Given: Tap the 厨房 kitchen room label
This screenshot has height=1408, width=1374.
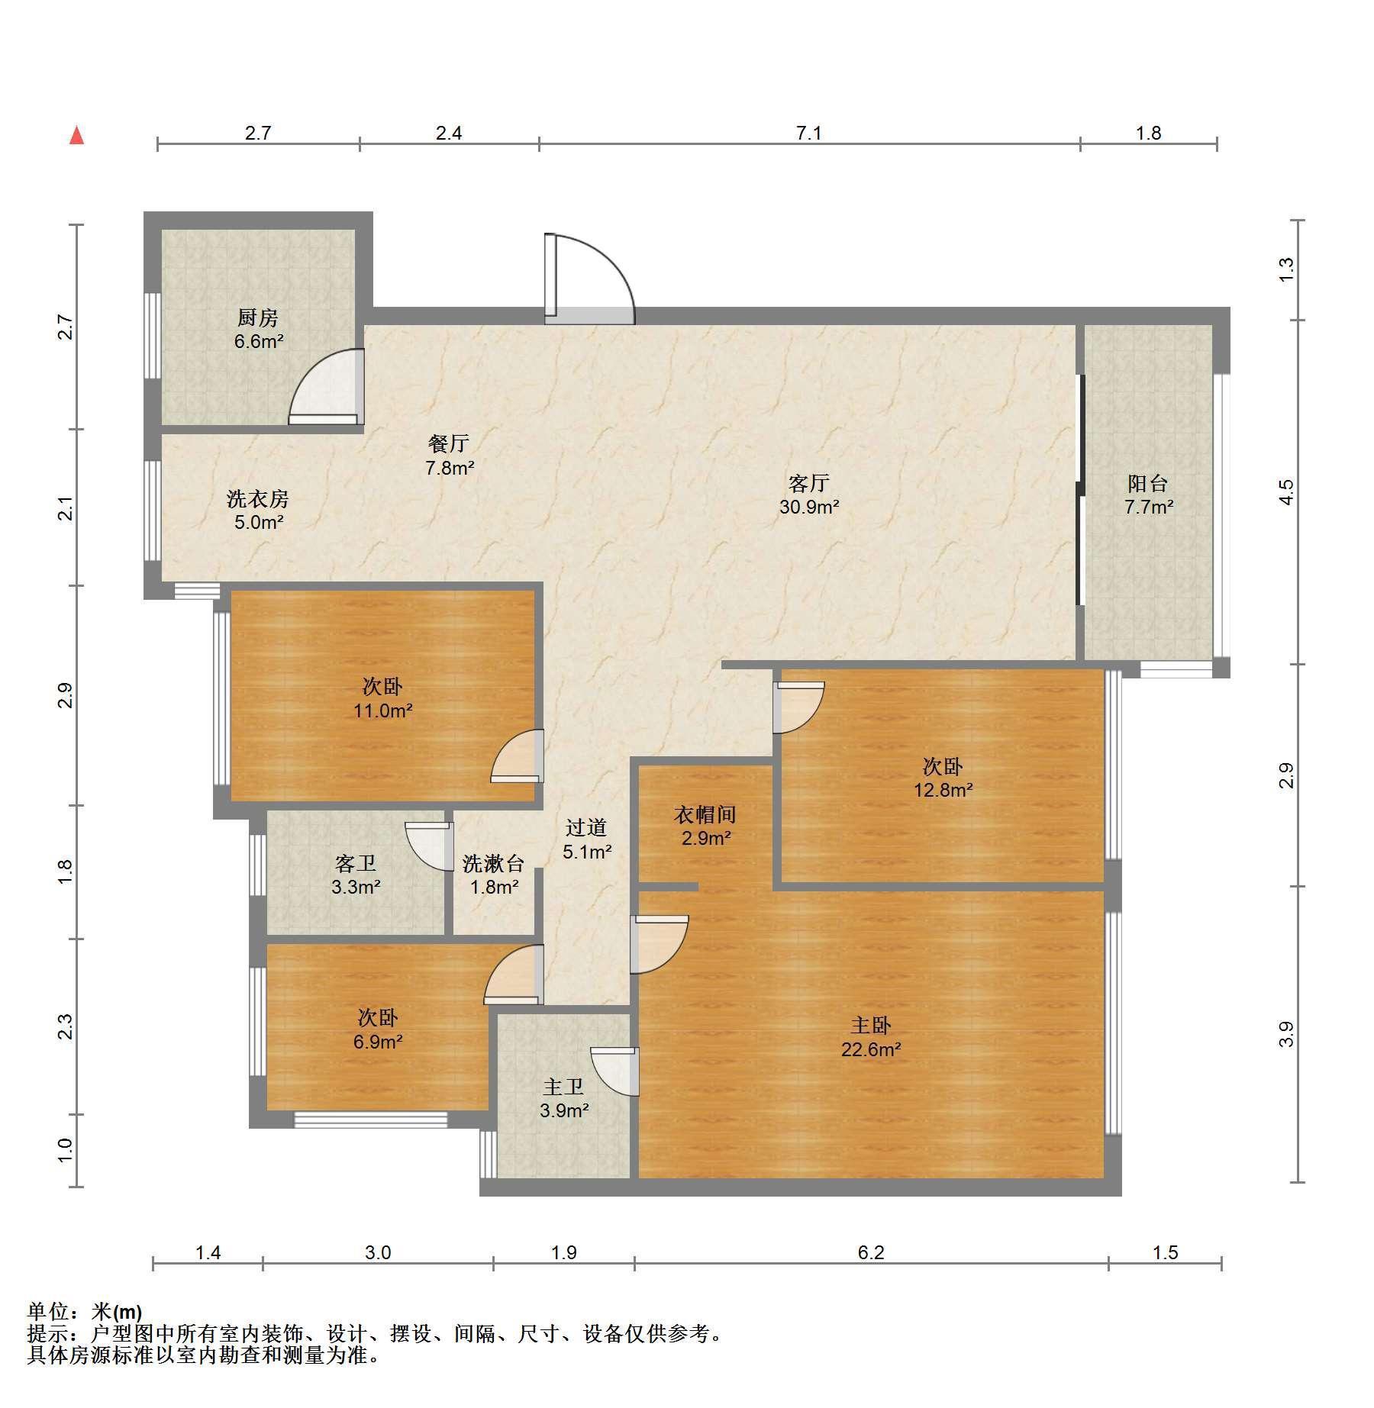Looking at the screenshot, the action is (x=258, y=317).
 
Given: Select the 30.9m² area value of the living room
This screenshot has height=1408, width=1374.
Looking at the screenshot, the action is (x=809, y=506).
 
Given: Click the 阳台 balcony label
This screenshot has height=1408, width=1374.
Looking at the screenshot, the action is (x=1148, y=483).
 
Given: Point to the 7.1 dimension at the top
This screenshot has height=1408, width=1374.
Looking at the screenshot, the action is (x=809, y=133).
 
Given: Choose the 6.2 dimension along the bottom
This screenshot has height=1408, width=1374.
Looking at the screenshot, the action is (x=871, y=1252).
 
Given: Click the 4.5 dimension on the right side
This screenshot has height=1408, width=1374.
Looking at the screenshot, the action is (x=1286, y=491).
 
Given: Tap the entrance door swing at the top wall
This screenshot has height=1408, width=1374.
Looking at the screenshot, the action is (x=589, y=279).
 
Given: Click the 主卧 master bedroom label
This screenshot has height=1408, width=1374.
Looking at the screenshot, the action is (x=871, y=1025).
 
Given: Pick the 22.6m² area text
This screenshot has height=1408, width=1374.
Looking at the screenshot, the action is (x=871, y=1049).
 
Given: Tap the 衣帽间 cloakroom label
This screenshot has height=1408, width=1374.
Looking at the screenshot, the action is (x=705, y=814).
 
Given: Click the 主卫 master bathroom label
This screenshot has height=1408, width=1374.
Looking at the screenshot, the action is (x=563, y=1086).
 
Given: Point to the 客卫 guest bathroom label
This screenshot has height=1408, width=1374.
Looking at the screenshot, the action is (x=356, y=863).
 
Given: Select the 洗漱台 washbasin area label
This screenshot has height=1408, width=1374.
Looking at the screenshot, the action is (x=494, y=863).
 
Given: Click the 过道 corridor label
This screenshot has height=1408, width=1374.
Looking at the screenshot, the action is (x=586, y=827).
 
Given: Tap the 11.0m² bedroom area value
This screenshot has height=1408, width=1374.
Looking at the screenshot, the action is (x=382, y=710).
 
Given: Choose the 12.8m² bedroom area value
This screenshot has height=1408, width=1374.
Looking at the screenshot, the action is (x=943, y=790).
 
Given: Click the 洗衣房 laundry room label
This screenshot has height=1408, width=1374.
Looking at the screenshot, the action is (x=258, y=498).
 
